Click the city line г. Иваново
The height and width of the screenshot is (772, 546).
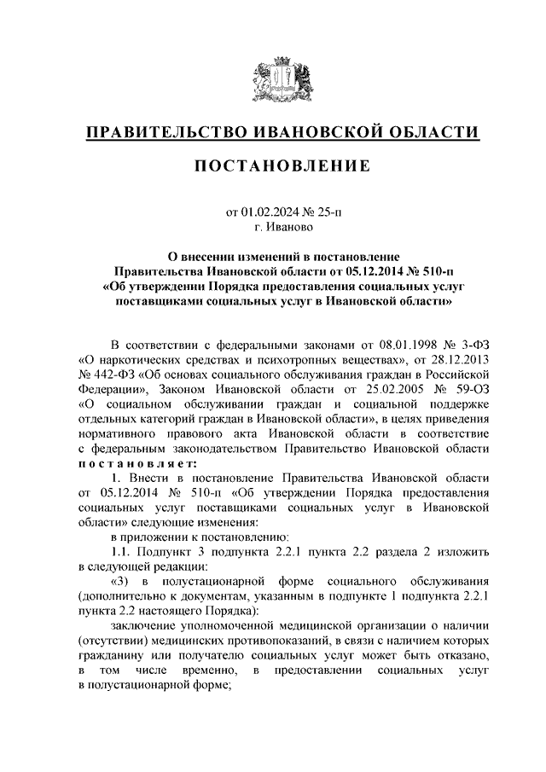click(283, 228)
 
